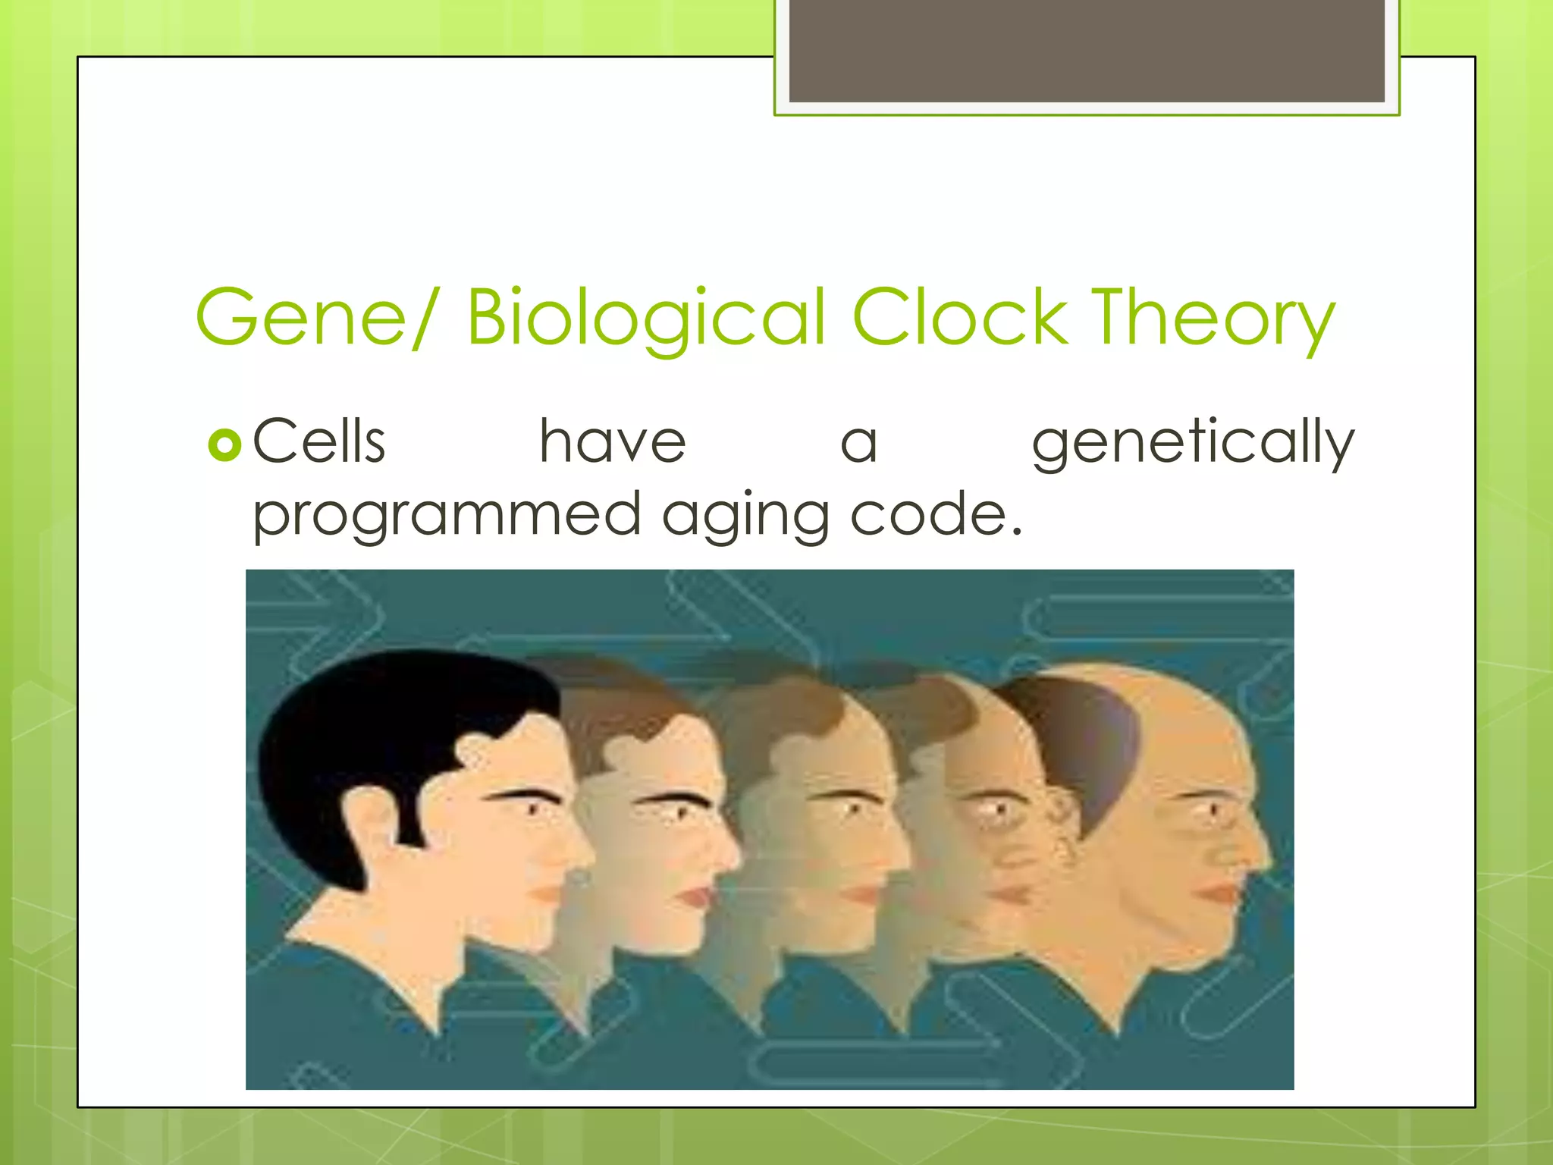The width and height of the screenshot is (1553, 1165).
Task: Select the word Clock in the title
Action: click(x=960, y=317)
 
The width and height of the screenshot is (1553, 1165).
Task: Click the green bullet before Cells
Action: click(x=224, y=445)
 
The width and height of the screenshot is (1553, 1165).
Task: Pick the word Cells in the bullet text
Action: click(x=319, y=441)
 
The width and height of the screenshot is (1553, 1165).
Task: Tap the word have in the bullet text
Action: click(x=612, y=441)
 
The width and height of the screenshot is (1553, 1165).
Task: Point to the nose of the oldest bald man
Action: click(x=1259, y=849)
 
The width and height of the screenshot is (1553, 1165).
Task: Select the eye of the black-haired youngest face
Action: click(x=531, y=809)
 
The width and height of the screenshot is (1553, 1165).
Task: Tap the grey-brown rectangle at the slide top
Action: click(x=1087, y=51)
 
